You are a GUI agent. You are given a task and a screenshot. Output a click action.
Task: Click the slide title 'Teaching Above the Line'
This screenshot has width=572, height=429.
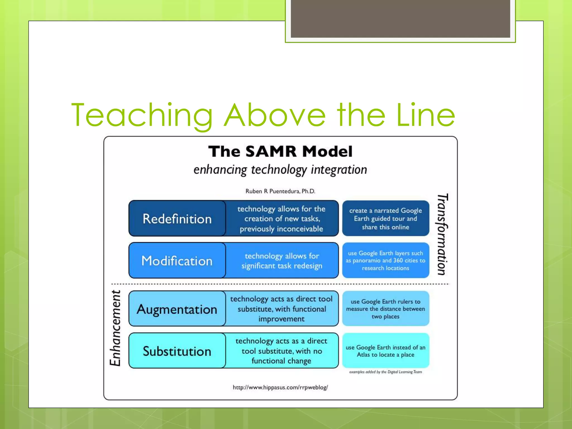263,115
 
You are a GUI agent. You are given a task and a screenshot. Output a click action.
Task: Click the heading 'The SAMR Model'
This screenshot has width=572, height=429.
280,152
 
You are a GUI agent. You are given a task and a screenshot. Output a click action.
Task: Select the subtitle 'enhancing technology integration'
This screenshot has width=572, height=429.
280,170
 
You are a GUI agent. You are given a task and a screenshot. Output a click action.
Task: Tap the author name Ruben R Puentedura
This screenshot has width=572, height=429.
280,191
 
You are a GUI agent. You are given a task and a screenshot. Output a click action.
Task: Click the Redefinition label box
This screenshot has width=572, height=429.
177,218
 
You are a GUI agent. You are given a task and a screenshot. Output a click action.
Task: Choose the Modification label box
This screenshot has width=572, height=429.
177,261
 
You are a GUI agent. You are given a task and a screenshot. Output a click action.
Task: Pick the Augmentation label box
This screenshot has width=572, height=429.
177,309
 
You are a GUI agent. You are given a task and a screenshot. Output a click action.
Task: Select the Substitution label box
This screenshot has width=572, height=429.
177,351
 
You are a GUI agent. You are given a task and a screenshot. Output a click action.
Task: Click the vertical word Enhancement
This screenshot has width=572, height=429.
115,328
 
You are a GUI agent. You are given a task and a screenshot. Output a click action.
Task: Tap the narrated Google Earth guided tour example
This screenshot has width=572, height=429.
385,218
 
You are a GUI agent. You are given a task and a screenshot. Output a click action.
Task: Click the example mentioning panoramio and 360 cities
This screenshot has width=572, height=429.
385,261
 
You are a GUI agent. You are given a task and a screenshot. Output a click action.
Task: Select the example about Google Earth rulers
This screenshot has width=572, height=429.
385,309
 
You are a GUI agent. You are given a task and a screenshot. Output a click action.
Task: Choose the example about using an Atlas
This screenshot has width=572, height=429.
385,351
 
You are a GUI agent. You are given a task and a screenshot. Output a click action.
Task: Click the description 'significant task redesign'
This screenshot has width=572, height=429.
282,266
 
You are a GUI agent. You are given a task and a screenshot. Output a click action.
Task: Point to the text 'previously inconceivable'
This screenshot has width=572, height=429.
281,229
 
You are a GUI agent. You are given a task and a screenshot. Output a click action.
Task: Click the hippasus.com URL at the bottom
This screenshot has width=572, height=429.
280,387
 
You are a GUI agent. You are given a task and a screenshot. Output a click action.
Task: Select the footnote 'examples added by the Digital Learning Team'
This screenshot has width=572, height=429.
385,372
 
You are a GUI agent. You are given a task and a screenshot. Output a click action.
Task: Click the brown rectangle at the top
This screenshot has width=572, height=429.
400,18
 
